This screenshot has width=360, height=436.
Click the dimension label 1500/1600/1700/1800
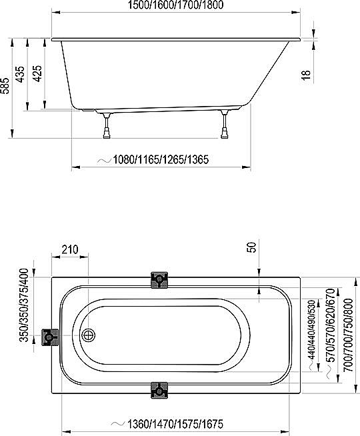pos(176,5)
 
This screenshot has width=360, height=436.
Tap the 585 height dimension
pos(5,85)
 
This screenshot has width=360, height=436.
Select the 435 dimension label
pos(20,74)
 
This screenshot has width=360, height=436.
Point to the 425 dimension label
pos(37,73)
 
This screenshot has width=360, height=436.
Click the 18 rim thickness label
pos(306,75)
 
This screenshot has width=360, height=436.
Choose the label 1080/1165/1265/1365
pos(161,159)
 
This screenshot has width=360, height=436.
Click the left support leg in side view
pos(107,125)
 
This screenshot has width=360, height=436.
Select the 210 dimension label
pos(70,250)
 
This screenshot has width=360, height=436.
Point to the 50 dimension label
pos(251,247)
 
